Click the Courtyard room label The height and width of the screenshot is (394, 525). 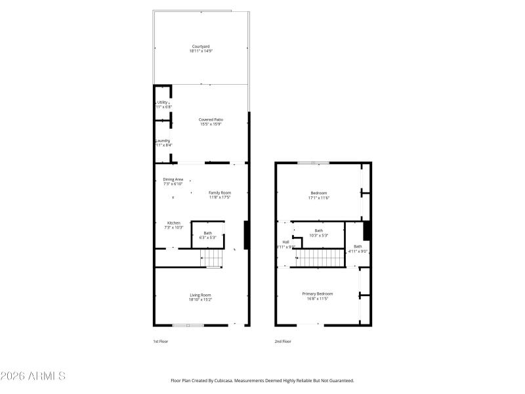pyautogui.click(x=201, y=48)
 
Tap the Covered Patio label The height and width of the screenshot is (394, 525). pyautogui.click(x=211, y=121)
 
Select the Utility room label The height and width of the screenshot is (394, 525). pyautogui.click(x=162, y=104)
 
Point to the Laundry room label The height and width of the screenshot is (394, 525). pyautogui.click(x=163, y=142)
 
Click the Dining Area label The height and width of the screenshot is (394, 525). pyautogui.click(x=173, y=181)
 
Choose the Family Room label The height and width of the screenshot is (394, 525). pyautogui.click(x=220, y=194)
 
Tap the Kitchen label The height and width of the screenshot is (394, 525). pyautogui.click(x=173, y=225)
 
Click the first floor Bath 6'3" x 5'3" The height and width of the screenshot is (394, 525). pyautogui.click(x=207, y=235)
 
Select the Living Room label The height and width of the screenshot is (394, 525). pyautogui.click(x=201, y=297)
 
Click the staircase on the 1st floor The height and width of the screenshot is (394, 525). pyautogui.click(x=211, y=259)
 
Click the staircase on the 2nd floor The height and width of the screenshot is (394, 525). pyautogui.click(x=318, y=257)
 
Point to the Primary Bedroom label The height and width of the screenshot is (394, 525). pyautogui.click(x=318, y=295)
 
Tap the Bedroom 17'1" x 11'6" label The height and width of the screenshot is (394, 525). pyautogui.click(x=319, y=194)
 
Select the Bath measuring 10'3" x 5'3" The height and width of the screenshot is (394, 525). pyautogui.click(x=318, y=232)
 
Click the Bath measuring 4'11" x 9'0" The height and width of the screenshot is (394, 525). pyautogui.click(x=358, y=248)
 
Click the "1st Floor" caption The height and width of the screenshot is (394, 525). pyautogui.click(x=161, y=341)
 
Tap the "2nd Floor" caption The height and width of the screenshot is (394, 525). pyautogui.click(x=283, y=341)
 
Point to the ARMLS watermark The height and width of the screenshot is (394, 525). pyautogui.click(x=33, y=376)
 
